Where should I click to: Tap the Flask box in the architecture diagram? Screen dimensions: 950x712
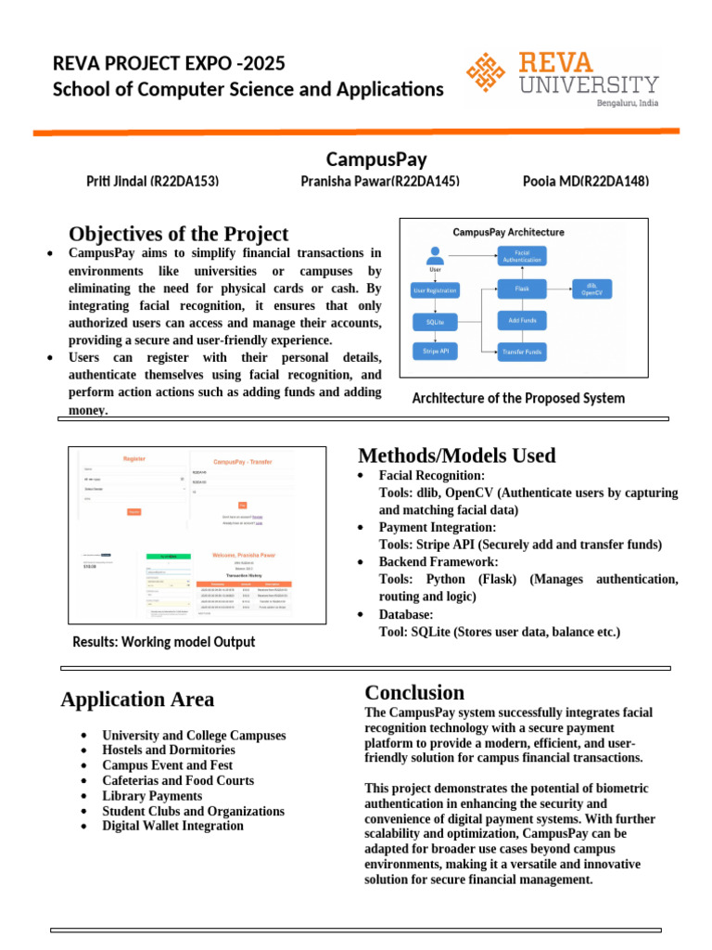(x=523, y=289)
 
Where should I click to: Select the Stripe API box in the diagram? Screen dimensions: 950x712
(x=435, y=352)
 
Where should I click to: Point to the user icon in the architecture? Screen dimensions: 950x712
(x=435, y=254)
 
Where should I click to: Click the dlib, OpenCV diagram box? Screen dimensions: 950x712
(x=592, y=289)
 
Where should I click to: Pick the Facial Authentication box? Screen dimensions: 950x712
(x=522, y=255)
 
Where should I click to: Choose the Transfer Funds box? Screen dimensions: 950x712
(x=523, y=352)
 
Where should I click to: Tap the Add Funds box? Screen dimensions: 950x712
(x=523, y=320)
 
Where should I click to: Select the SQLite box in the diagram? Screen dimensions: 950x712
(x=435, y=322)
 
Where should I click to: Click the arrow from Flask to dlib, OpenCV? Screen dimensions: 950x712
(x=559, y=289)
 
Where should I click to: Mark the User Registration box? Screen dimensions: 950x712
(x=435, y=290)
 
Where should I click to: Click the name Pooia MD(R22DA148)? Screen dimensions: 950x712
(x=586, y=181)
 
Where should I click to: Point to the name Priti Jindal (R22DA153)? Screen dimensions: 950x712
(x=152, y=181)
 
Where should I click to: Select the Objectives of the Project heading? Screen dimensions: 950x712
(x=178, y=235)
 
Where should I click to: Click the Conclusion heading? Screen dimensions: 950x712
(x=414, y=692)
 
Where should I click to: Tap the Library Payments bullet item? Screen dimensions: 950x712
(x=152, y=796)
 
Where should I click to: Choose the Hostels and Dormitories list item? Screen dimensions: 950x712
(x=169, y=750)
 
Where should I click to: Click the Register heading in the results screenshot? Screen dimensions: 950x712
(x=134, y=459)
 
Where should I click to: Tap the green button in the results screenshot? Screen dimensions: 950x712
(x=169, y=556)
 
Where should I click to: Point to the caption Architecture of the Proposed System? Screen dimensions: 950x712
(x=518, y=398)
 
